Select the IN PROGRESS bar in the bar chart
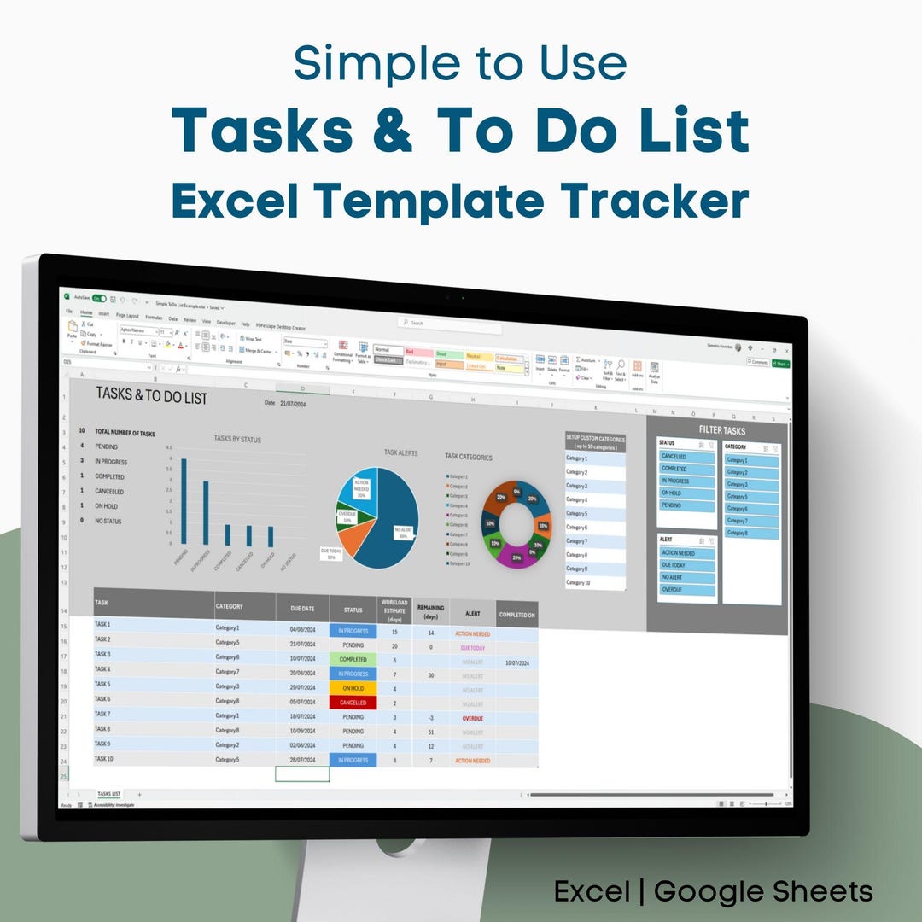tap(205, 513)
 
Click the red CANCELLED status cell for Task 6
tap(353, 703)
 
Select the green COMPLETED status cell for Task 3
tap(353, 660)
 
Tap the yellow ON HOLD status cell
tap(353, 688)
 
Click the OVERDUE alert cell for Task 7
tap(472, 718)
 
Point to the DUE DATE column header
tap(302, 609)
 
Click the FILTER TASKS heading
tap(721, 430)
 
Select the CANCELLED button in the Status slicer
tap(686, 457)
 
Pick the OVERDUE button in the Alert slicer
tap(686, 589)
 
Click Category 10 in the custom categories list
tap(594, 582)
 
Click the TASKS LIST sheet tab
tap(108, 794)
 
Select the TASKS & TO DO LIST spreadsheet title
tap(151, 394)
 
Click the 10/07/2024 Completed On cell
tap(517, 662)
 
